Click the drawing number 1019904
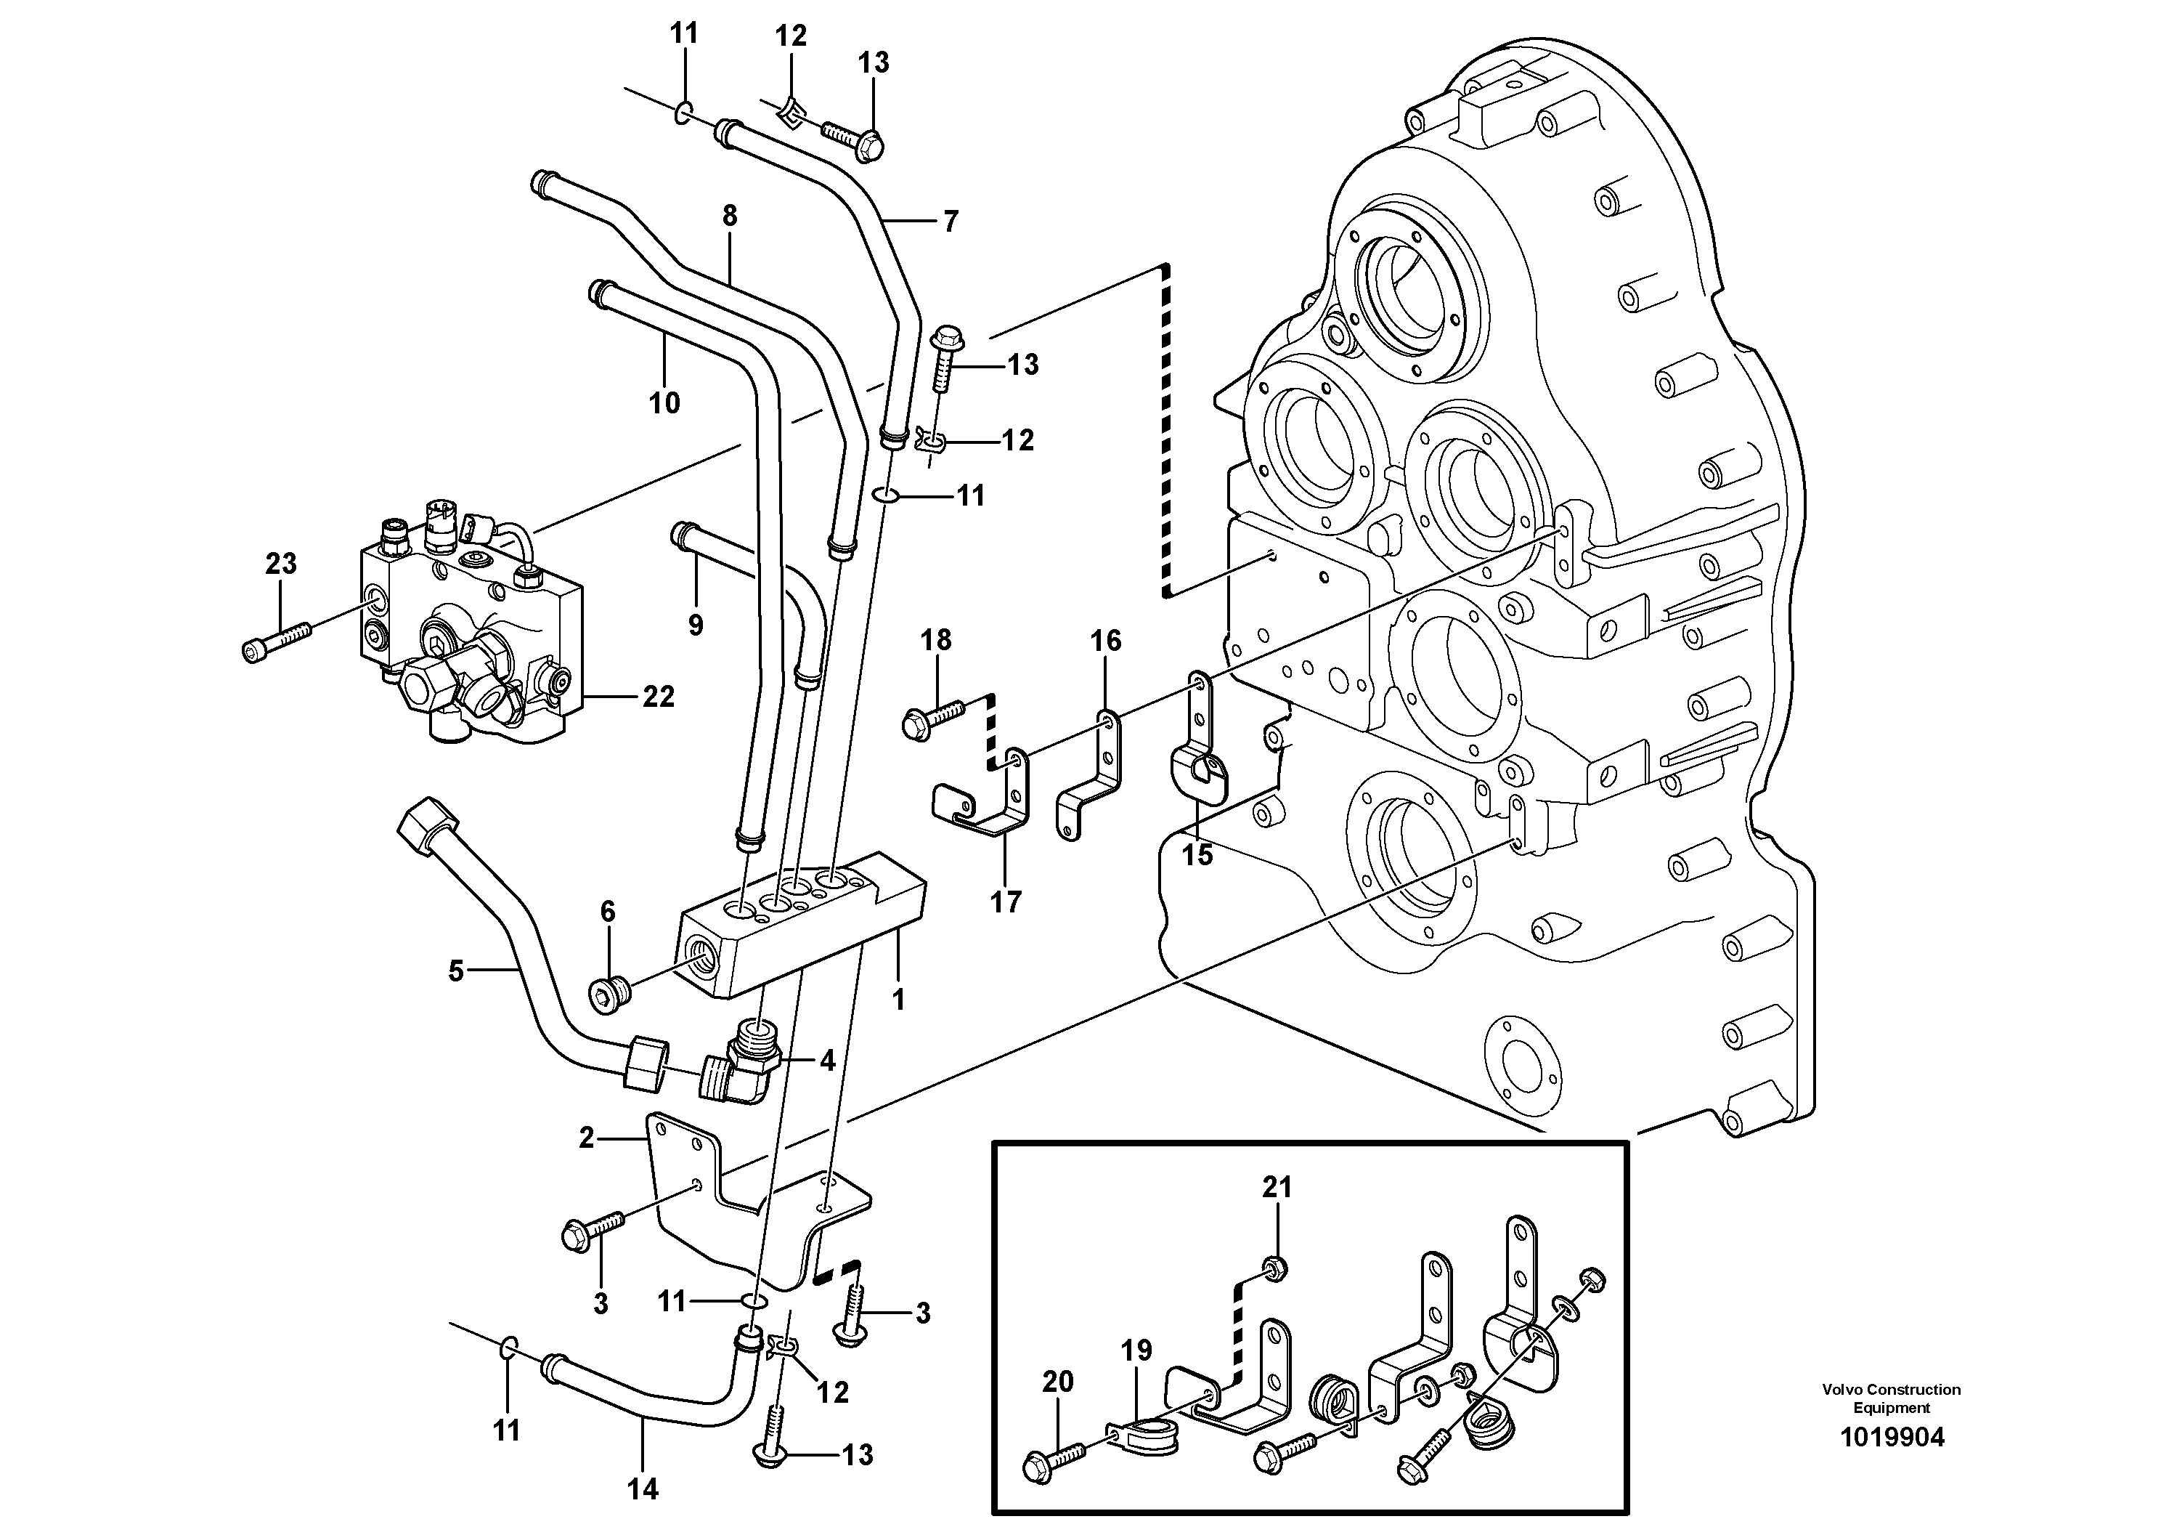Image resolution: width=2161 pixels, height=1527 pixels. pyautogui.click(x=1891, y=1438)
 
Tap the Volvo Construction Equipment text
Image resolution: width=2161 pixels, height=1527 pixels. pyautogui.click(x=1891, y=1398)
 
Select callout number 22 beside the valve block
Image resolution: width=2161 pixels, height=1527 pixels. pyautogui.click(x=658, y=697)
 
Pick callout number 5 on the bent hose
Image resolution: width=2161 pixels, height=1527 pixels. pyautogui.click(x=455, y=971)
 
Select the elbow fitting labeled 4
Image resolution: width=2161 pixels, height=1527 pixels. pyautogui.click(x=744, y=1068)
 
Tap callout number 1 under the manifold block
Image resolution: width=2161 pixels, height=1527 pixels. pyautogui.click(x=898, y=999)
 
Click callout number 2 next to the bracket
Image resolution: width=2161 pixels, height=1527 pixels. pyautogui.click(x=587, y=1138)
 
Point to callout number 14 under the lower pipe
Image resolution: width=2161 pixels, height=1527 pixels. pyautogui.click(x=644, y=1488)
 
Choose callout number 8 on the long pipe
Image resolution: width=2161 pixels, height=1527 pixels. pyautogui.click(x=730, y=216)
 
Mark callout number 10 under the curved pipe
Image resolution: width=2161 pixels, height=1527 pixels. pyautogui.click(x=664, y=403)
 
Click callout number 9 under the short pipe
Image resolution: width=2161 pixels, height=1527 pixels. pyautogui.click(x=696, y=624)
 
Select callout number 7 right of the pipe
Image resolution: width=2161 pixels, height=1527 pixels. pyautogui.click(x=951, y=222)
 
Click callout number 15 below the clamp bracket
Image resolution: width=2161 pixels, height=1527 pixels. pyautogui.click(x=1197, y=855)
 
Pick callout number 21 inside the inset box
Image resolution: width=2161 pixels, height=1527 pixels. pyautogui.click(x=1277, y=1187)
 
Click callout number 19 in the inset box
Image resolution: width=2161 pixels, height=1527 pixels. pyautogui.click(x=1136, y=1351)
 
